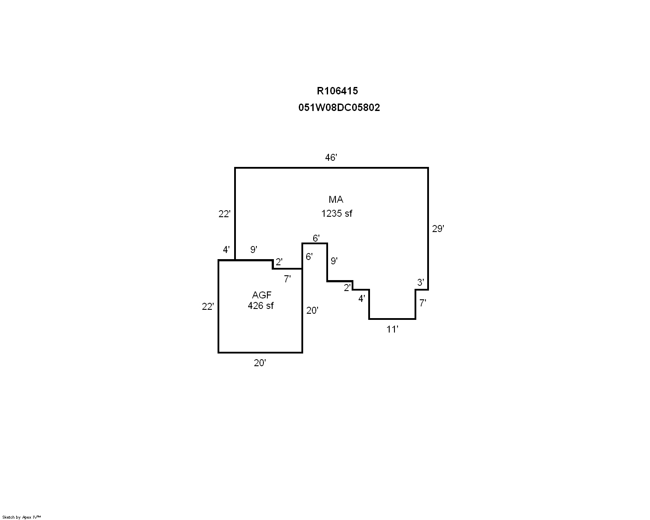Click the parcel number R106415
point(337,90)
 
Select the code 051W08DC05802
point(339,107)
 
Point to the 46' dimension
point(331,157)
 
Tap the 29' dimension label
point(438,229)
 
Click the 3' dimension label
point(420,282)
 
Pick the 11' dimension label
point(392,329)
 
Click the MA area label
point(336,199)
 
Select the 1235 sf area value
point(336,214)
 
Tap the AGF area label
point(262,295)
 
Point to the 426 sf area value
point(261,306)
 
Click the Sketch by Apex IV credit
point(21,517)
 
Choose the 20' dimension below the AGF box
point(260,363)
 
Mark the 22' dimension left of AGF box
point(208,307)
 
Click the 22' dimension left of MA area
point(225,214)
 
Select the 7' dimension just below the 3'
point(422,303)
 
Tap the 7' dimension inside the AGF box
point(287,279)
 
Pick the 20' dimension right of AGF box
point(312,310)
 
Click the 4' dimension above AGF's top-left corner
point(226,250)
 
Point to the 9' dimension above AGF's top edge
point(254,250)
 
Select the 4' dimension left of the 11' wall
point(362,298)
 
